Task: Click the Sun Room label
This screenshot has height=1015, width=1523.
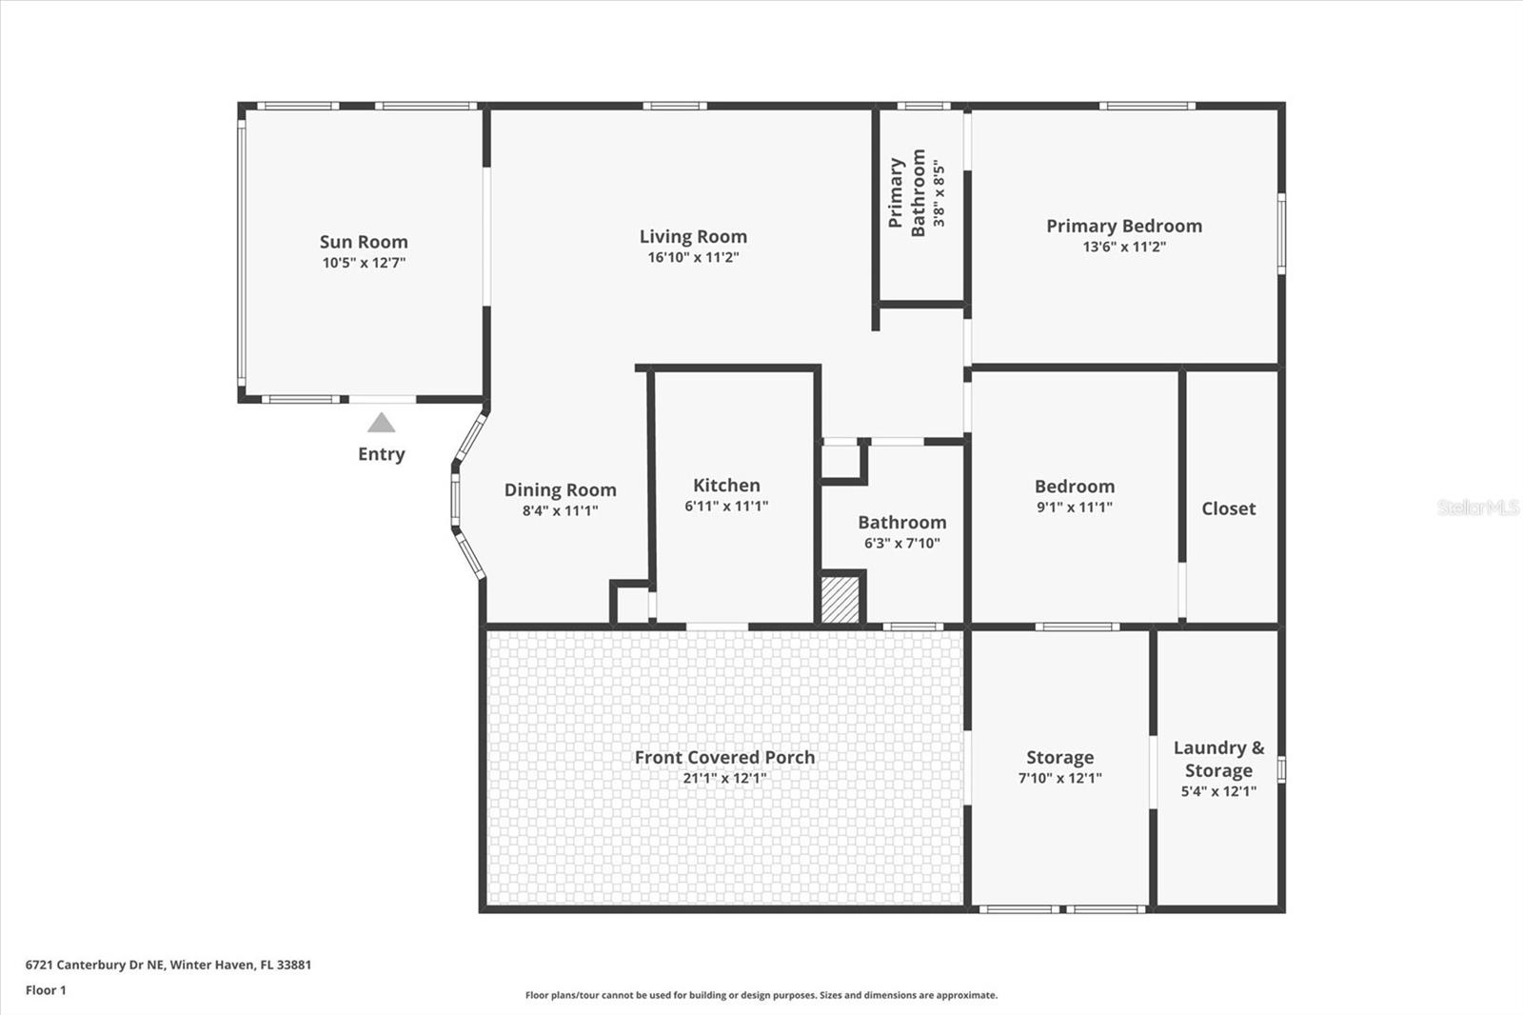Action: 364,242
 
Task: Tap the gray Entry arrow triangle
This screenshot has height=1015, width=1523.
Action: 381,423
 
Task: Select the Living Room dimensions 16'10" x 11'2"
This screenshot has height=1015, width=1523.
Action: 693,257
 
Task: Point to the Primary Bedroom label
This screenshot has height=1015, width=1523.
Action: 1123,226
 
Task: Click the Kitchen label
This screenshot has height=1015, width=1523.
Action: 726,485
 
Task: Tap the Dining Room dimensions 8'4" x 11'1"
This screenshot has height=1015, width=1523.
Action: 560,510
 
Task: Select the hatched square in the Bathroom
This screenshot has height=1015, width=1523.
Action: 841,600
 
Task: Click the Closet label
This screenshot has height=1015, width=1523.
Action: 1228,508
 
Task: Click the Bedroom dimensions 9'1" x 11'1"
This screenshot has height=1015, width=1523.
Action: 1074,507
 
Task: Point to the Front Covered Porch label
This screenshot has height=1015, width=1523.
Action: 724,757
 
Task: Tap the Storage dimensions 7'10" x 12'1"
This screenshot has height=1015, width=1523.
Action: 1059,778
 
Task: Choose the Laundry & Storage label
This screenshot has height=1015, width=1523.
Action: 1218,759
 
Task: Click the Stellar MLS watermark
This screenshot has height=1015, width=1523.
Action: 1477,507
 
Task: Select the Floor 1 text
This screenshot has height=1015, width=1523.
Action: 46,990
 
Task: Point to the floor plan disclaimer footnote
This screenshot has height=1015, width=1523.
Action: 761,995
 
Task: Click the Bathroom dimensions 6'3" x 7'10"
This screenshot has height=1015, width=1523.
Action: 901,544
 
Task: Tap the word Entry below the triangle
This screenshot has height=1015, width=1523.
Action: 381,454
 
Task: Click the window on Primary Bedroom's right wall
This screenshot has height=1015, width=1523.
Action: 1281,233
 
